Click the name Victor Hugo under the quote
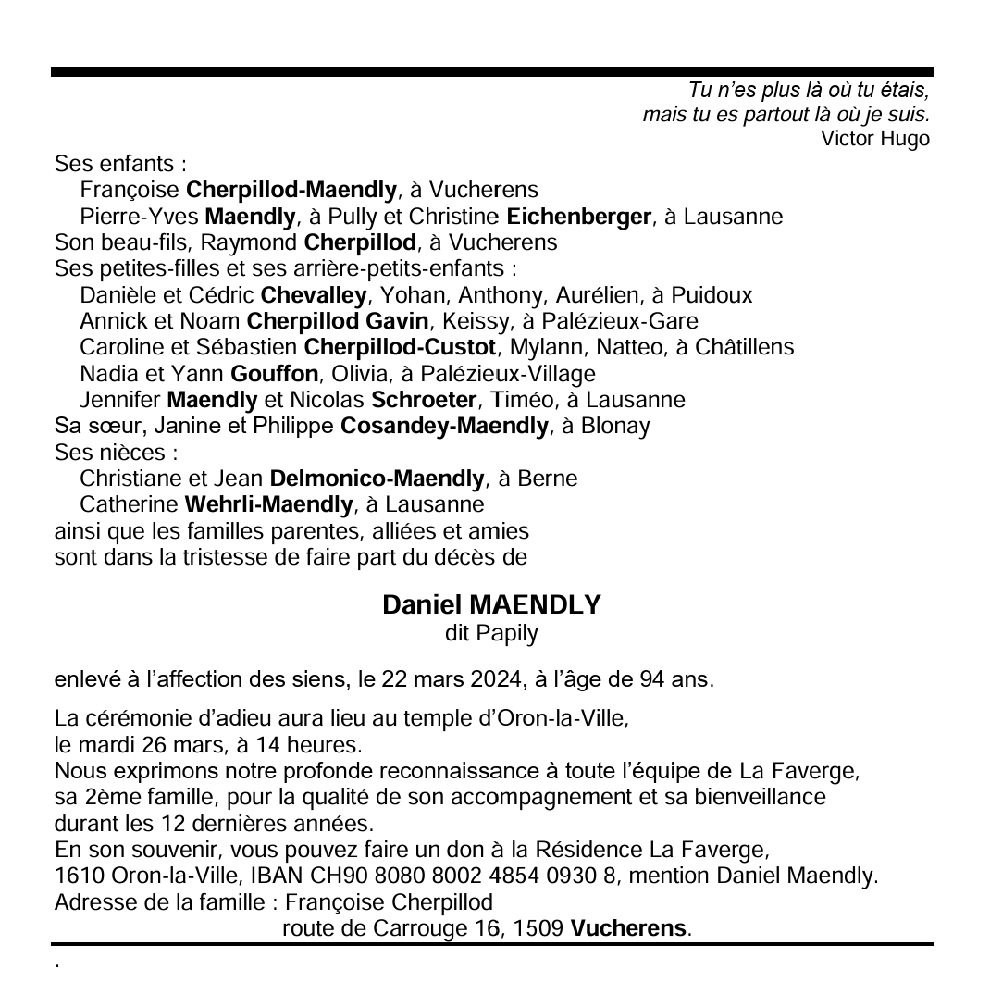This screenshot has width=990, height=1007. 874,140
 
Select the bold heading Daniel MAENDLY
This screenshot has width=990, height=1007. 491,605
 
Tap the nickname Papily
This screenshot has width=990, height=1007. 507,634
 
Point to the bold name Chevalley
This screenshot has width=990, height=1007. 315,296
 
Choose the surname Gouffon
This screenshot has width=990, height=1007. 274,374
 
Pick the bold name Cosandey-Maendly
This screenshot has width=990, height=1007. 444,427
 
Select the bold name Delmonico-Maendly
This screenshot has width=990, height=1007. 377,479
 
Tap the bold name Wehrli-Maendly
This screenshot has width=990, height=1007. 268,505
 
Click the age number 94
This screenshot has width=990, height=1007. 651,680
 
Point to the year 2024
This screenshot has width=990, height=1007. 495,680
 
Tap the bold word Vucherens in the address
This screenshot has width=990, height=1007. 629,928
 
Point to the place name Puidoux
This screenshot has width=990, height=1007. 711,296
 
